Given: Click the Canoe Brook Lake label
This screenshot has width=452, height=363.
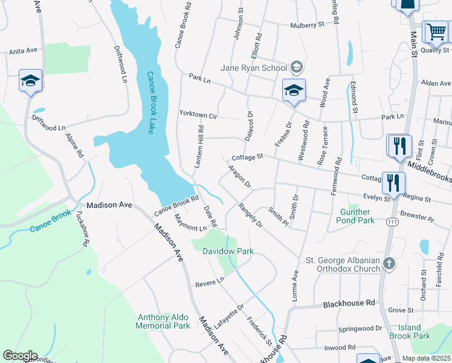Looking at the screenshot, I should pos(152,102).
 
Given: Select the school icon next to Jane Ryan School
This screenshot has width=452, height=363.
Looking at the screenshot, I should pos(294,91).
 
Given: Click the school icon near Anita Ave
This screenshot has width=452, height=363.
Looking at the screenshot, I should pos(30,80).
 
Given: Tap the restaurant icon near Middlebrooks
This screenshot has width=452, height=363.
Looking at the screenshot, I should pos(399,146).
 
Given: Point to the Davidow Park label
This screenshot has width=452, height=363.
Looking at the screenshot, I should pos(227,250).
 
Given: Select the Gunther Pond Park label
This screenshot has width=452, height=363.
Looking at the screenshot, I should pos(355,216).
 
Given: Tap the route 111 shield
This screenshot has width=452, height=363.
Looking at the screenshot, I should pos(393,222).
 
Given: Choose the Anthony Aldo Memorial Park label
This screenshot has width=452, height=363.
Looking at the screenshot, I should pos(164,321).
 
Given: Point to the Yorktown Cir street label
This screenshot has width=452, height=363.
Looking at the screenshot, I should pos(198,114).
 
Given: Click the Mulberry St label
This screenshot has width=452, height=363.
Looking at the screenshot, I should pos(307,25).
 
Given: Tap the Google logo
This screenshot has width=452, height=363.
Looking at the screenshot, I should pos(20,356).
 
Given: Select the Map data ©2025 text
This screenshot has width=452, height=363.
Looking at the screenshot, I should pos(425,358).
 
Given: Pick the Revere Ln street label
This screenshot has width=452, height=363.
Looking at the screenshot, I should pos(209,281).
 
